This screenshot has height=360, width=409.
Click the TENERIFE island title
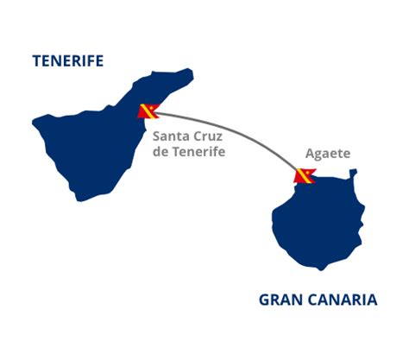pos(68,61)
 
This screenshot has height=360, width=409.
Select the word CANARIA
pos(343,300)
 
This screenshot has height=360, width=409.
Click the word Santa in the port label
pos(171,136)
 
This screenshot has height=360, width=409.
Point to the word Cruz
pos(208,136)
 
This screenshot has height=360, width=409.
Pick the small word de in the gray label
pos(160,152)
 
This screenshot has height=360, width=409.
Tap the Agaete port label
pos(328,154)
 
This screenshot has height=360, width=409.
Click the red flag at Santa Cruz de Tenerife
pos(148,111)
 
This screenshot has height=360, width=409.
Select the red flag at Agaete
pos(305,176)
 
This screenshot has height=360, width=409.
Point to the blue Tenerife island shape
pos(95,144)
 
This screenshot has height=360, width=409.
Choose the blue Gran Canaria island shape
pos(318,222)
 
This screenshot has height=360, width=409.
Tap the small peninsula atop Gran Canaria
pos(353,174)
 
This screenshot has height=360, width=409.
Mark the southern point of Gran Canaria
pos(321,270)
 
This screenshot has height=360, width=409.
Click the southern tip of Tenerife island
pos(79,200)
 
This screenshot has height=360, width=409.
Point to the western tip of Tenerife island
pos(33,123)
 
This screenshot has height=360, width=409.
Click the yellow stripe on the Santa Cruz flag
pos(148,111)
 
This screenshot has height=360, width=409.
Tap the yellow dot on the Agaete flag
pos(308,172)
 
